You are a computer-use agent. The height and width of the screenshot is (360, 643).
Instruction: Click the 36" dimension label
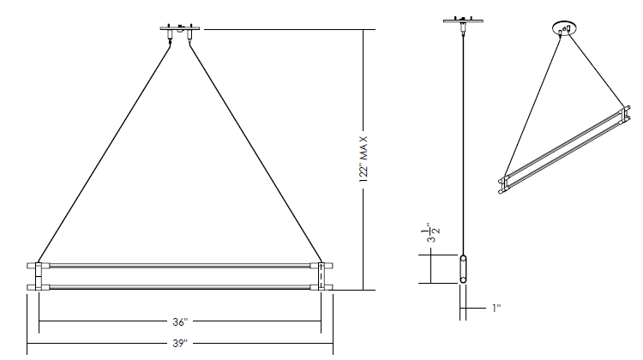click(x=180, y=322)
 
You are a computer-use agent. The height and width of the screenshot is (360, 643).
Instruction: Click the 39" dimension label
click(x=180, y=343)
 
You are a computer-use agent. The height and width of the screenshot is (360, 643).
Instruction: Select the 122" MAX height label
click(x=364, y=159)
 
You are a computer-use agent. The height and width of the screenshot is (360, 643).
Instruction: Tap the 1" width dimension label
click(x=496, y=308)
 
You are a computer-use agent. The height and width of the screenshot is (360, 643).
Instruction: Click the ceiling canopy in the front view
click(x=180, y=28)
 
